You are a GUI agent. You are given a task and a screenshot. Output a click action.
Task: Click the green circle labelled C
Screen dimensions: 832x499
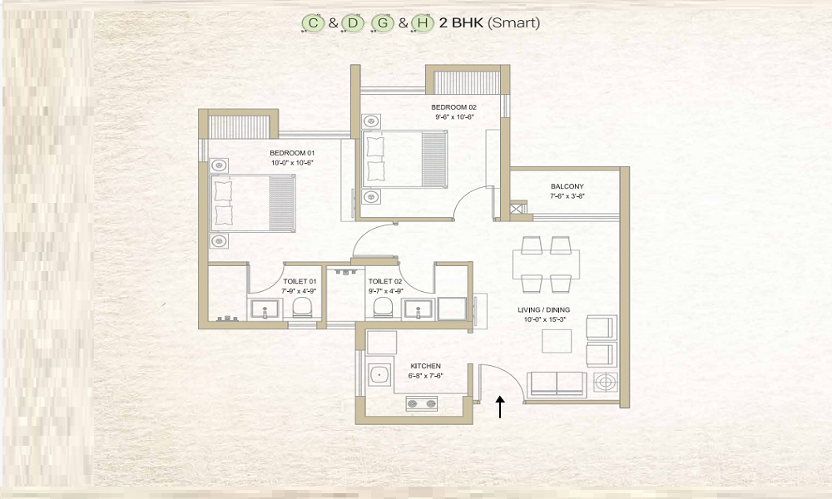pos(313,22)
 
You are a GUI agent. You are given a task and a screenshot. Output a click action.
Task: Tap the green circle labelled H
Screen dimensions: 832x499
pos(423,22)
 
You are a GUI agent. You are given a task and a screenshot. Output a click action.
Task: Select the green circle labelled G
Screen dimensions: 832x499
pos(383,22)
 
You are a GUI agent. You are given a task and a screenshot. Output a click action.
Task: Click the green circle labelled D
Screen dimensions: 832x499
pos(353,22)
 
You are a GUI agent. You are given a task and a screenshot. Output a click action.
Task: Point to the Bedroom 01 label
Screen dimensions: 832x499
pos(292,153)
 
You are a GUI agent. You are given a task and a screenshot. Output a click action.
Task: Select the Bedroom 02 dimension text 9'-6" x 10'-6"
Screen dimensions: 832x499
pos(454,117)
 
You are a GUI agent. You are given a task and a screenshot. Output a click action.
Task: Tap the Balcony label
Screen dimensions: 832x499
pos(567,186)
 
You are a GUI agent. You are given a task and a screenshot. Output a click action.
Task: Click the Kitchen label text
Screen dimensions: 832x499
pos(425,366)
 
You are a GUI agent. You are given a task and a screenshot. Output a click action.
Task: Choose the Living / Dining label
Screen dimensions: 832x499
pos(544,309)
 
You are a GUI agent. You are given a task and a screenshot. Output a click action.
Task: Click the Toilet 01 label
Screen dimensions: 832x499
pos(300,282)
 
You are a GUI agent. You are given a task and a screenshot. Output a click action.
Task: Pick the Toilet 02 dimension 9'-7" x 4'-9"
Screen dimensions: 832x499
pos(386,291)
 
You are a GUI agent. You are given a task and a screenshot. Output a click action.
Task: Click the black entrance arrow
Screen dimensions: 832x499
pos(499,407)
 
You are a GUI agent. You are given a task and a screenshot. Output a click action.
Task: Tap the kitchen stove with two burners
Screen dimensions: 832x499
pos(422,404)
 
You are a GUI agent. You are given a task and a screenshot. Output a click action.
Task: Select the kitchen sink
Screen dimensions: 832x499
pos(380,374)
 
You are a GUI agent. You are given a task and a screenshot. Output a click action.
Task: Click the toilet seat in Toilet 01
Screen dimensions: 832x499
pos(303,307)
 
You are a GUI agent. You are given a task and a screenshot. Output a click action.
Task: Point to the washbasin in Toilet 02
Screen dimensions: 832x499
pos(418,309)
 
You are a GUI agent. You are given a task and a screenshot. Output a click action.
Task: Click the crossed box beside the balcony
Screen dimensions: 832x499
pos(518,208)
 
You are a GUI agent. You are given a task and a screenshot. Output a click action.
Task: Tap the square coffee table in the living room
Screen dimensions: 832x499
pos(557,342)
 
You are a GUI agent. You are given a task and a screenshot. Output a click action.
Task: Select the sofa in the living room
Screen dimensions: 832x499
pos(557,383)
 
